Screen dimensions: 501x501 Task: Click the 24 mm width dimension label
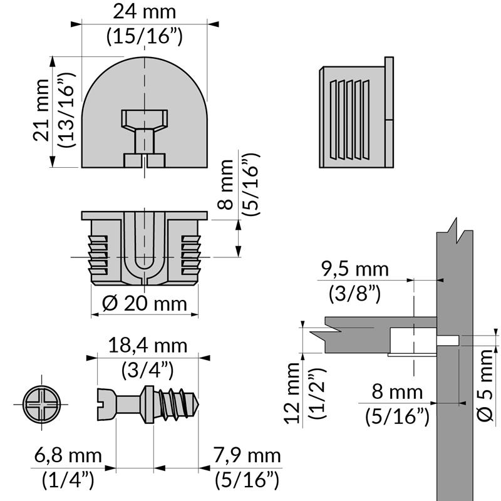pyautogui.click(x=145, y=11)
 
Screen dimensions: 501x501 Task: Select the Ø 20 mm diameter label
pyautogui.click(x=145, y=304)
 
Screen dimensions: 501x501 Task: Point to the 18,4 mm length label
pyautogui.click(x=148, y=345)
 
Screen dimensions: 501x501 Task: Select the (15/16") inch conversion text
pyautogui.click(x=145, y=36)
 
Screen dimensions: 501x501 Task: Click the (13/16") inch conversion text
pyautogui.click(x=68, y=110)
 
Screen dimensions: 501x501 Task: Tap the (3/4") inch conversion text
pyautogui.click(x=148, y=369)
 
